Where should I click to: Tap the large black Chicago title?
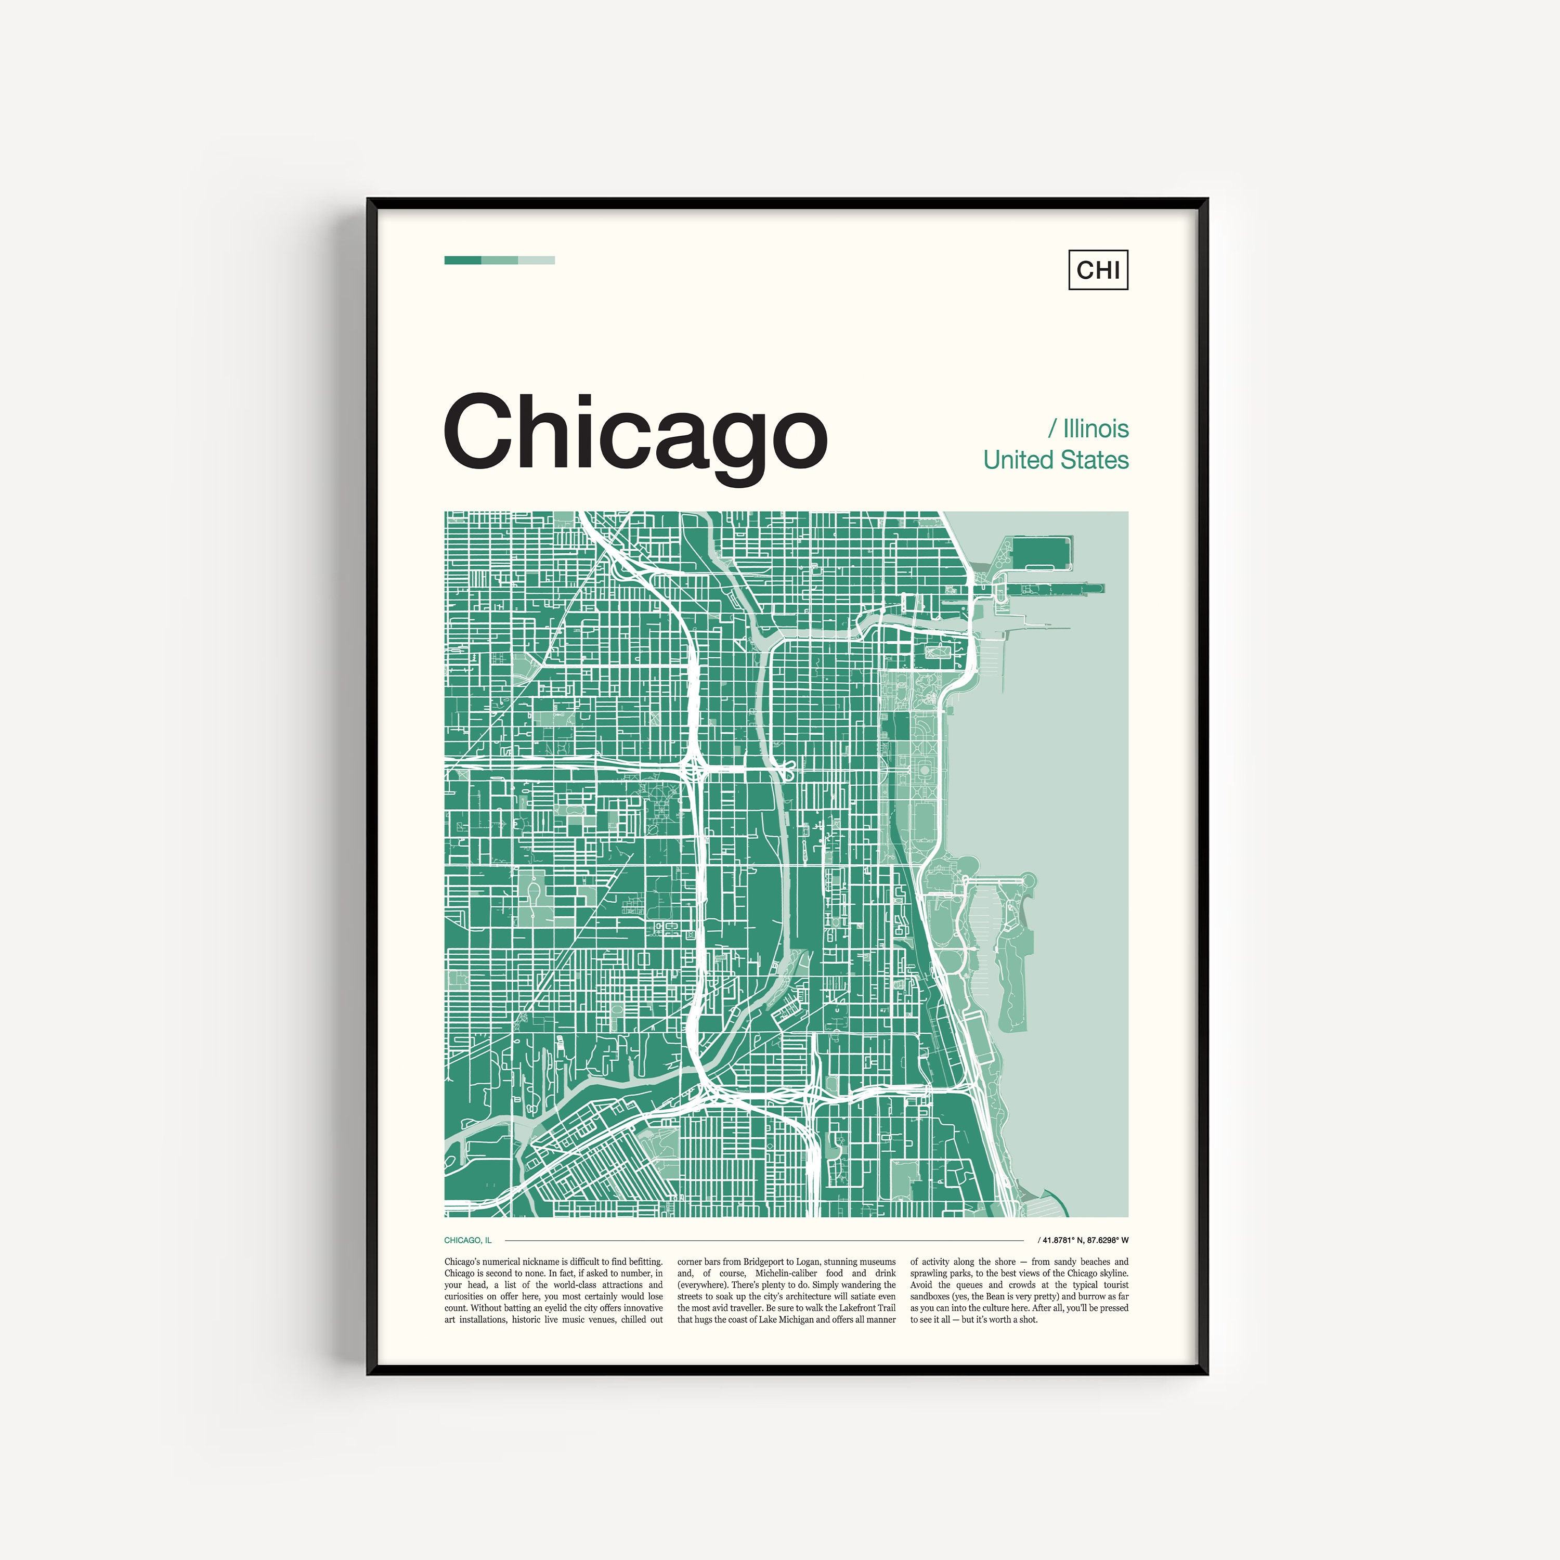click(x=635, y=434)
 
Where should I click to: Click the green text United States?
click(x=1056, y=460)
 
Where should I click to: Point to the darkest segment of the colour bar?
click(x=463, y=260)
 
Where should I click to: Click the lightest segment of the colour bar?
click(x=536, y=260)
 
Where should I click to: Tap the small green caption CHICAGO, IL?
click(x=467, y=1240)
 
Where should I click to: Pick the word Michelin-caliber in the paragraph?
click(x=786, y=1273)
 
